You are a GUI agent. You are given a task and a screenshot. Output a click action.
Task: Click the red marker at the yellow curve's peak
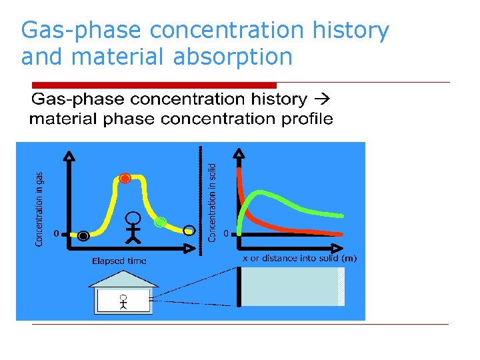[125, 178]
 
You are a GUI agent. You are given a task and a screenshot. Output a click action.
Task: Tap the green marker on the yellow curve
[160, 223]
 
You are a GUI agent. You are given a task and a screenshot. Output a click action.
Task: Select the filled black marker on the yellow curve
[83, 235]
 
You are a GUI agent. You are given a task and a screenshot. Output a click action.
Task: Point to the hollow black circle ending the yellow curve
[190, 231]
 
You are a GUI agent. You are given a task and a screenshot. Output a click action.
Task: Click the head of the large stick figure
[134, 218]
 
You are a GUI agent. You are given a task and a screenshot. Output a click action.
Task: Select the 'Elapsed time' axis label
[119, 261]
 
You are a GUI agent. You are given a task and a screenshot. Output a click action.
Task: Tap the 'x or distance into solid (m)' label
[299, 259]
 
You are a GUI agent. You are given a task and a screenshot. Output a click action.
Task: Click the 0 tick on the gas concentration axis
[57, 233]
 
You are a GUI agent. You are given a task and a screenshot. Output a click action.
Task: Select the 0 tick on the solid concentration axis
[227, 233]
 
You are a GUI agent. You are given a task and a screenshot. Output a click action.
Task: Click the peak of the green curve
[263, 194]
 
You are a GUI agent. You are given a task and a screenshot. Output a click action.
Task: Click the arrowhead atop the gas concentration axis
[68, 156]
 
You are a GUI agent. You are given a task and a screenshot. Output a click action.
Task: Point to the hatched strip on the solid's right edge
[341, 287]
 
